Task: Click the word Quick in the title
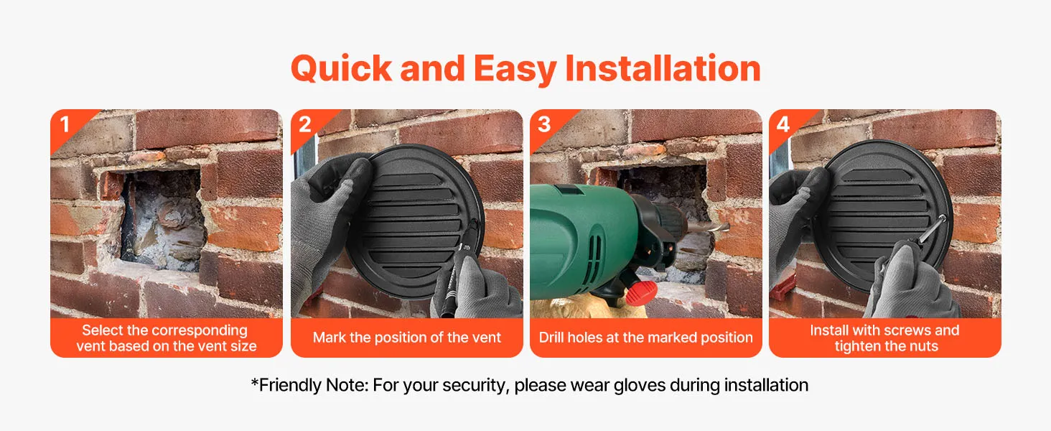pyautogui.click(x=342, y=70)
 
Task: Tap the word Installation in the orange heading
pyautogui.click(x=663, y=68)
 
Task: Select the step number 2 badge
pyautogui.click(x=305, y=124)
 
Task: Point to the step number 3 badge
pyautogui.click(x=544, y=124)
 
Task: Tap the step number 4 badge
pyautogui.click(x=783, y=124)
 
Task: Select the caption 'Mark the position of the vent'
pyautogui.click(x=407, y=338)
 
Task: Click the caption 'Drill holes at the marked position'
pyautogui.click(x=645, y=338)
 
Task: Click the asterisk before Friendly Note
pyautogui.click(x=255, y=382)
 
